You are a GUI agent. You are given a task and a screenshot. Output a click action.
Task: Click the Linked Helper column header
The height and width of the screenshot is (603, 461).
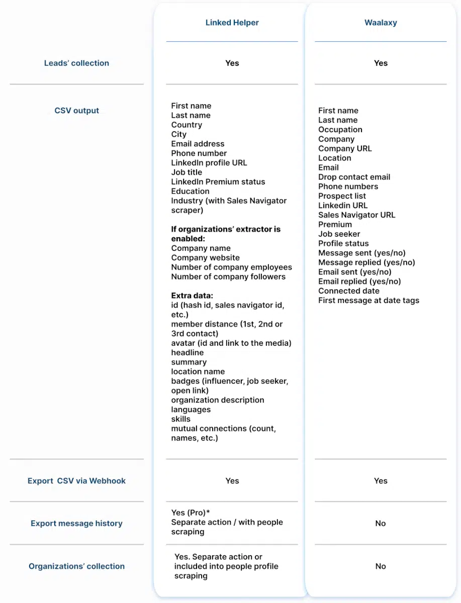pos(232,23)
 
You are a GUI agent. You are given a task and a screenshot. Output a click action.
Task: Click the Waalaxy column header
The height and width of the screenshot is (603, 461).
pos(381,23)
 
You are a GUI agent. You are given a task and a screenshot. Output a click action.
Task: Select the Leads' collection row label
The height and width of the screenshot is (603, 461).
pos(76,63)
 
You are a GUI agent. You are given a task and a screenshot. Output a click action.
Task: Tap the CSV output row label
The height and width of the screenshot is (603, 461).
pos(76,111)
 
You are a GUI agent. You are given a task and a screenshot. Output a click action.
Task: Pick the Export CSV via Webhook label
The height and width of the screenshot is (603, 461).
pos(76,481)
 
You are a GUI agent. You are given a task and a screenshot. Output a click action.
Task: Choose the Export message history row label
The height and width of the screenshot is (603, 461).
pos(76,524)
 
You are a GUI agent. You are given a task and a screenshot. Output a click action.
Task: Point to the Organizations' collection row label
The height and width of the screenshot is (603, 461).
pos(76,566)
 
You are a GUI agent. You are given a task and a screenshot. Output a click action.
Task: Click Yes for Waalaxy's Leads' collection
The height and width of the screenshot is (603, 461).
pos(381,63)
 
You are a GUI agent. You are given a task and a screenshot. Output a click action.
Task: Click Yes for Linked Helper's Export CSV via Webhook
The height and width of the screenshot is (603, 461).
pos(232,481)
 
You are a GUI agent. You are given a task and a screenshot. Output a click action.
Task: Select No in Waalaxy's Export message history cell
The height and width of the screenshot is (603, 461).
pos(381,524)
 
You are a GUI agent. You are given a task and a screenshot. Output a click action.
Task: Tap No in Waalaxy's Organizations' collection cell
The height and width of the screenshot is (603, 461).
pos(381,566)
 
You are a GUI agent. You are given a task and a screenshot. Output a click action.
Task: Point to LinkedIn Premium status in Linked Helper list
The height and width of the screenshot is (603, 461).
pos(218,182)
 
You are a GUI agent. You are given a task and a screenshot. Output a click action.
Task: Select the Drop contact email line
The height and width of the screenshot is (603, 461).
pos(354,177)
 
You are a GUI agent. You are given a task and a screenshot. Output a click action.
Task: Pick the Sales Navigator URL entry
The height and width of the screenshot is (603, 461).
pos(356,215)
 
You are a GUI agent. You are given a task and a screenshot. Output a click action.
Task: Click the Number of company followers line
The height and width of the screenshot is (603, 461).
pos(228,277)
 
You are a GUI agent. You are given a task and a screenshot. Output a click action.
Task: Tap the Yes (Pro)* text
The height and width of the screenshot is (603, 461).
pos(191,513)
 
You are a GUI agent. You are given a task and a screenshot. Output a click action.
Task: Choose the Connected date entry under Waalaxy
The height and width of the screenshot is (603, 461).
pos(348,291)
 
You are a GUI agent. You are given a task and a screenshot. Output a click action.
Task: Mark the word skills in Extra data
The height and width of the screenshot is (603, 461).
pos(180,419)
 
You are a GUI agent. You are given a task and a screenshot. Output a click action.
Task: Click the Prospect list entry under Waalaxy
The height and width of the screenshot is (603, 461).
pos(342,196)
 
